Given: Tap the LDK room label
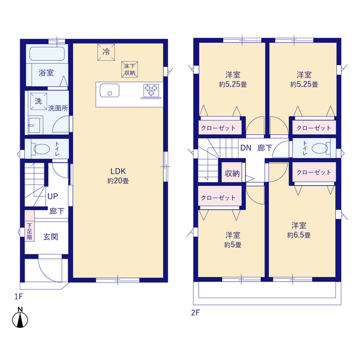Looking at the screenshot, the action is coord(118,171).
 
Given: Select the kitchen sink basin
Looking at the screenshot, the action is coord(110,91).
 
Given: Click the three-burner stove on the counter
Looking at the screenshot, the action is coord(151,91).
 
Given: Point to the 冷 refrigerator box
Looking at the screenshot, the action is coord(106,52).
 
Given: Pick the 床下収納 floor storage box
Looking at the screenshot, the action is coord(130,69).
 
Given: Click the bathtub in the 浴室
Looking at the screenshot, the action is coord(47,54).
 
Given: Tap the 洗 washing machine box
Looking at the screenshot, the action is coord(39,101).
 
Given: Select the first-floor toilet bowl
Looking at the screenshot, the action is coord(40,149).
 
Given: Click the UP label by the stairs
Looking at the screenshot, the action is coord(52,196).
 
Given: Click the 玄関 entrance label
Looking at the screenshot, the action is coord(51,237).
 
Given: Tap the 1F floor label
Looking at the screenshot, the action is coord(19,296).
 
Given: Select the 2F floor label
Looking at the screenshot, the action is coord(196,313).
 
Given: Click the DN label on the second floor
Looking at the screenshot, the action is coord(246,148).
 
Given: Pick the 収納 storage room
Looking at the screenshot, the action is coord(232,173).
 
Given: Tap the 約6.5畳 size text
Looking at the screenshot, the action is coord(299,235).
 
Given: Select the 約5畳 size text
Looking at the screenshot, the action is coord(233,245).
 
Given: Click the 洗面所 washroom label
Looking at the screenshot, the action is coord(58,108).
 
